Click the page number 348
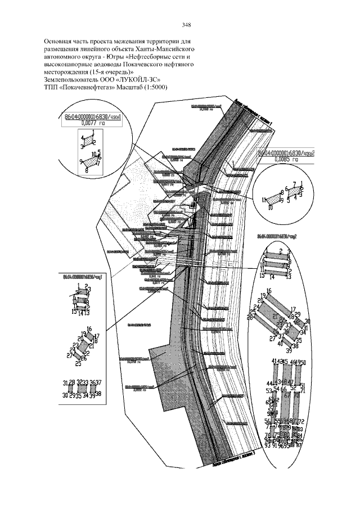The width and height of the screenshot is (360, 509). click(187, 25)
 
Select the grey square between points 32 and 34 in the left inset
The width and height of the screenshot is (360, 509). click(82, 389)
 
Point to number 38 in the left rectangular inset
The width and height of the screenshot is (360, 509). click(98, 394)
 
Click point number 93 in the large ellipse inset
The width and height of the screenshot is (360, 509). click(266, 446)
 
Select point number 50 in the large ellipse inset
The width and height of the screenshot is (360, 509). click(303, 361)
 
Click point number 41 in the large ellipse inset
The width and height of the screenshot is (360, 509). click(273, 361)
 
